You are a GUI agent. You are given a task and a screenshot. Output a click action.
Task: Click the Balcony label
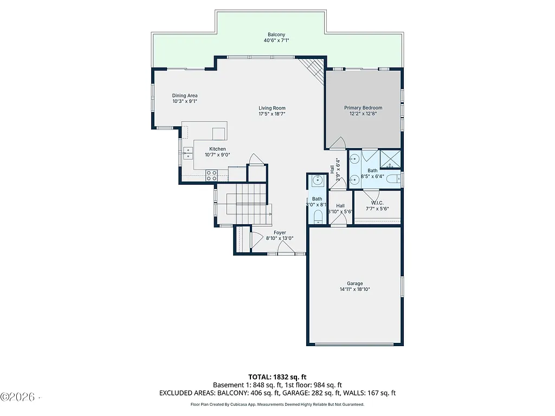point(277,35)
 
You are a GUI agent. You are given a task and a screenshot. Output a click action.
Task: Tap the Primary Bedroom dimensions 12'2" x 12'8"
point(363,114)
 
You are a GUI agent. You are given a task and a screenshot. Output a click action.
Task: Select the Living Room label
point(272,108)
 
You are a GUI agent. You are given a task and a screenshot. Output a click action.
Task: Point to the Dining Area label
point(185,95)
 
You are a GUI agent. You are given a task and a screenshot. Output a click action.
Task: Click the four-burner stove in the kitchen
point(211,175)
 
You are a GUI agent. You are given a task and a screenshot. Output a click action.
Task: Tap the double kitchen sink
point(187,154)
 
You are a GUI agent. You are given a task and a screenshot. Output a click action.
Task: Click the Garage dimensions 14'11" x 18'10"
point(355,290)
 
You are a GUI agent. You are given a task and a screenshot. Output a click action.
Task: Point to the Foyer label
point(279,232)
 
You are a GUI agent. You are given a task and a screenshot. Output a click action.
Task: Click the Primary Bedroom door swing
point(337,143)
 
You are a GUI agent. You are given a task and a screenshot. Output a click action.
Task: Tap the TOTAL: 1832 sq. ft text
point(277,376)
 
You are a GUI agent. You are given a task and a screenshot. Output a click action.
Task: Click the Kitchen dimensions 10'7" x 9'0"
point(217,155)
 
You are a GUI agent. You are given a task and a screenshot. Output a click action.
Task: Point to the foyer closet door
point(252,240)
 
